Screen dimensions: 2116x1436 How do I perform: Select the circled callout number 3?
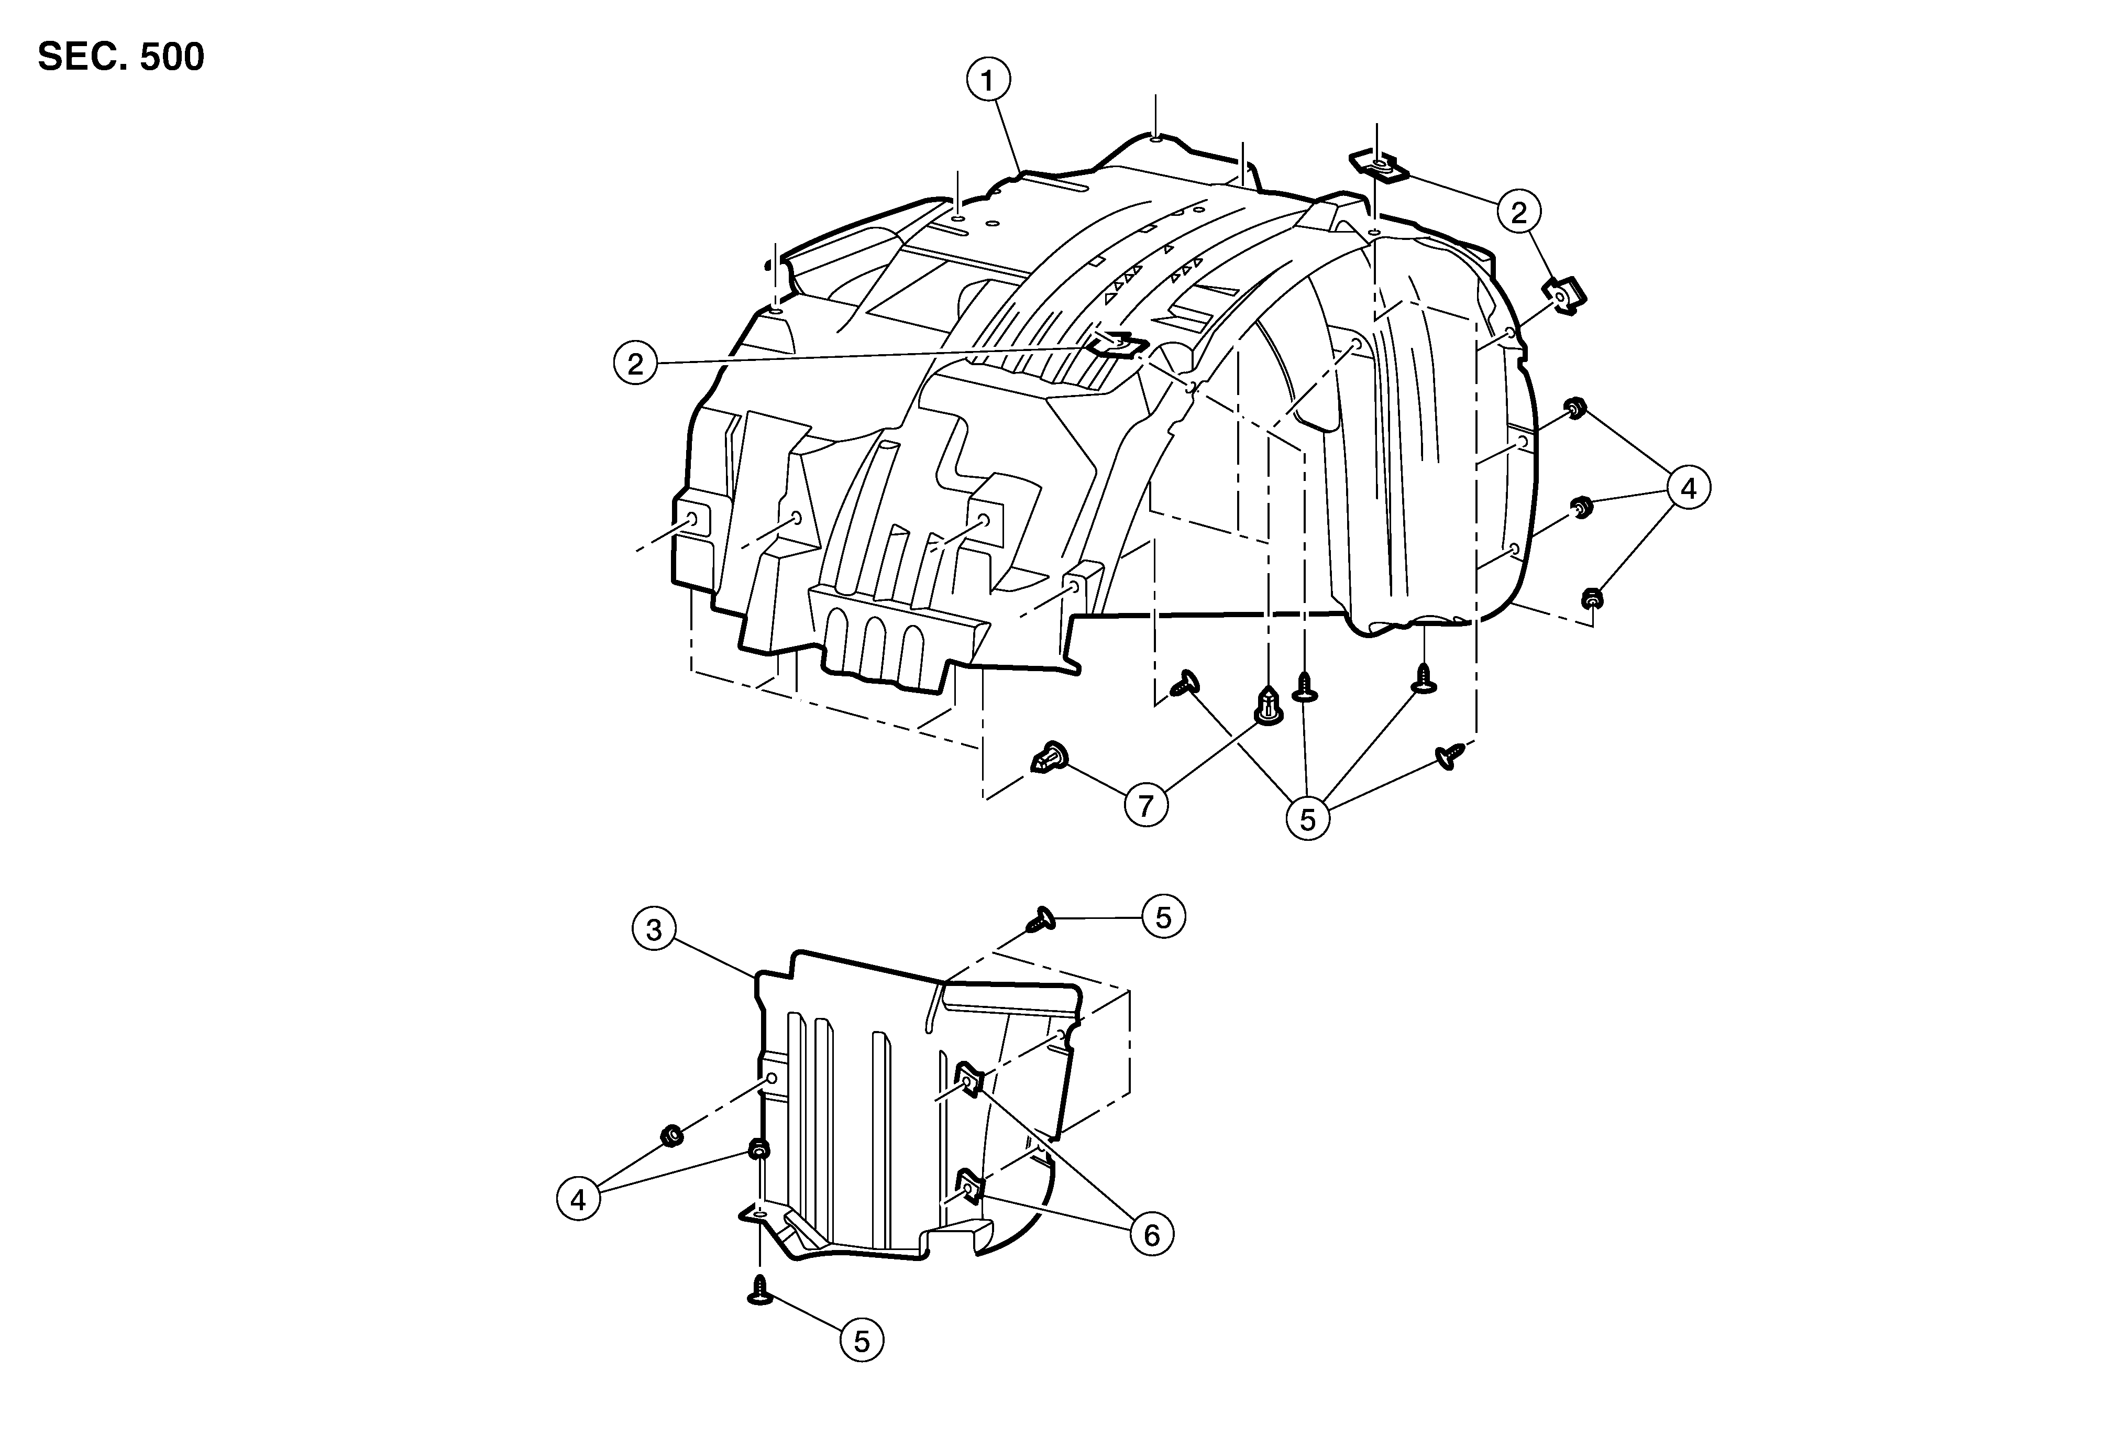[654, 930]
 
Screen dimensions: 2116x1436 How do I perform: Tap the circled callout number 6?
[1152, 1236]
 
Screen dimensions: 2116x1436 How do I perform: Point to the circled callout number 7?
[1147, 805]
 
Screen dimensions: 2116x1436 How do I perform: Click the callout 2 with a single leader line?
[635, 364]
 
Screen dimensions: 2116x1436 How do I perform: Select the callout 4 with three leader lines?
[1688, 489]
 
